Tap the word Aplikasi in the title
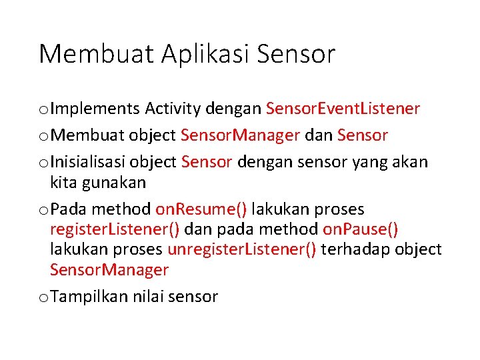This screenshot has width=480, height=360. pyautogui.click(x=195, y=54)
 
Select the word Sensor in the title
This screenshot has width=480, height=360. pyautogui.click(x=295, y=54)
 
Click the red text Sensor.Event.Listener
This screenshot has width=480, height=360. pyautogui.click(x=343, y=108)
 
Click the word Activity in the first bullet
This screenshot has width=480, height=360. pyautogui.click(x=173, y=108)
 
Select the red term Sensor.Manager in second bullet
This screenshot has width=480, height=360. pyautogui.click(x=240, y=135)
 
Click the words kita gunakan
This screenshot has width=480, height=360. pyautogui.click(x=97, y=182)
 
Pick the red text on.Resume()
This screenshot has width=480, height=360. pyautogui.click(x=201, y=209)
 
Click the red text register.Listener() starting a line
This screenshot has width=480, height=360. pyautogui.click(x=115, y=229)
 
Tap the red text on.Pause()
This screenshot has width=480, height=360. pyautogui.click(x=361, y=229)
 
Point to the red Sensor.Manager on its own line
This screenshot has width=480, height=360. pyautogui.click(x=109, y=269)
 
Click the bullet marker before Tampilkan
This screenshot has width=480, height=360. pyautogui.click(x=43, y=297)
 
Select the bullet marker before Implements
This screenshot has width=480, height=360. pyautogui.click(x=43, y=109)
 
